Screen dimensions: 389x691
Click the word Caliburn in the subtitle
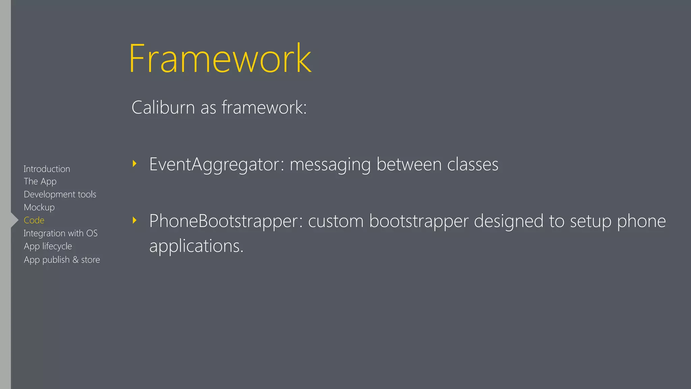[x=163, y=107]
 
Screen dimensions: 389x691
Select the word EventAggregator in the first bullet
[x=214, y=164]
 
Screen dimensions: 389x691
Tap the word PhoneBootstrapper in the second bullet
[x=224, y=221]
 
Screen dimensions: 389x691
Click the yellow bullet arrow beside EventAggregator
[x=135, y=164]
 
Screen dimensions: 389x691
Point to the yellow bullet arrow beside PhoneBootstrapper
[x=135, y=221]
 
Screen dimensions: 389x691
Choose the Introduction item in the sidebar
[x=47, y=169]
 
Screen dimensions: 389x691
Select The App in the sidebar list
[x=40, y=182]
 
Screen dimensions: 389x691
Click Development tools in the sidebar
[x=60, y=194]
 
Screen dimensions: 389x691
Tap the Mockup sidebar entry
[x=39, y=207]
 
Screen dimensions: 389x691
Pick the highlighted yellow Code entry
[x=34, y=220]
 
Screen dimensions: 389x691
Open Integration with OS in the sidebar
[x=61, y=233]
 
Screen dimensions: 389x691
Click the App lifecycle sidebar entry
[x=48, y=246]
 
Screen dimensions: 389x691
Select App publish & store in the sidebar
[x=62, y=260]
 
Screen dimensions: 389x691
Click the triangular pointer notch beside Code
[x=15, y=220]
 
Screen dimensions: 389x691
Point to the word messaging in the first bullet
[x=330, y=164]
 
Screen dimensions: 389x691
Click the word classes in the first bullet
[x=473, y=164]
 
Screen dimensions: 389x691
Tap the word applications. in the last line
[x=196, y=246]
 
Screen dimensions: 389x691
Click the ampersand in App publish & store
[x=76, y=260]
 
